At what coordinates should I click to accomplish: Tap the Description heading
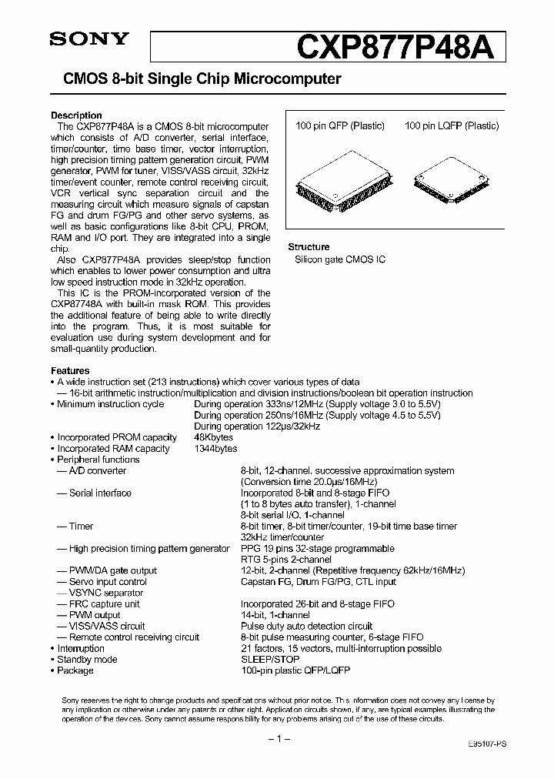pos(76,115)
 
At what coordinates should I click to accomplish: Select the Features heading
pos(70,370)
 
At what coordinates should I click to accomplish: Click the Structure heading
pos(309,247)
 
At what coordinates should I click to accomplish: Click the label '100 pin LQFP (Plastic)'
pos(452,126)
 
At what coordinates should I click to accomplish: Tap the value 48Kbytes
pos(213,437)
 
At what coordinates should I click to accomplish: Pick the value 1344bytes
pos(215,448)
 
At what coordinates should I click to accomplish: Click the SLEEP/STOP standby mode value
pos(271,660)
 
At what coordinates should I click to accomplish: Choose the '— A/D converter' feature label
pos(92,470)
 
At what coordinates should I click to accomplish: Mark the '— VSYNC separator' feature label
pos(100,593)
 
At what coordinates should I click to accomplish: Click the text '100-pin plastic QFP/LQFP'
pos(295,670)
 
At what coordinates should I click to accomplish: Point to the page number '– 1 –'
pos(277,740)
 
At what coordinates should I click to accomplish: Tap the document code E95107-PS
pos(487,746)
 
